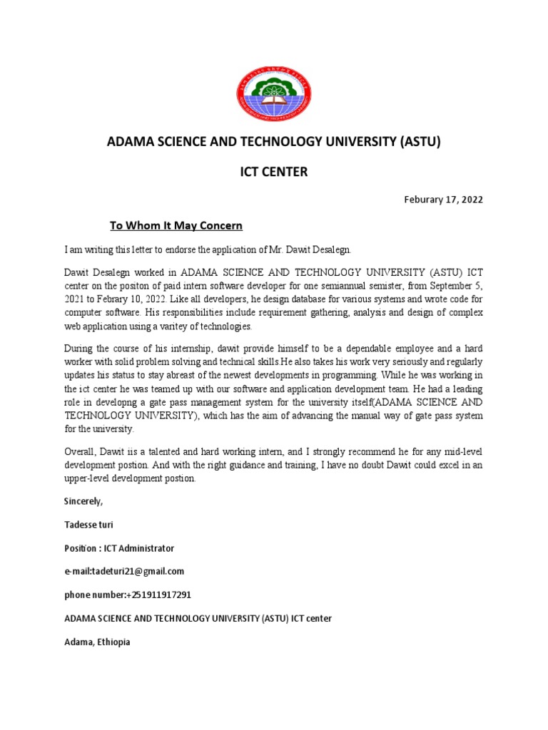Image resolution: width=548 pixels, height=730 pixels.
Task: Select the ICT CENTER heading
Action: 274,172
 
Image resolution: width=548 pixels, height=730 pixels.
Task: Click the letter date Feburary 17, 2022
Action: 443,200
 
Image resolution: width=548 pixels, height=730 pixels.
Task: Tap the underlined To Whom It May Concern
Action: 176,226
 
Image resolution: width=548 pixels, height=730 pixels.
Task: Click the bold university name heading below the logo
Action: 274,142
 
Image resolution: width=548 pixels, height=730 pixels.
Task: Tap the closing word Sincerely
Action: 83,502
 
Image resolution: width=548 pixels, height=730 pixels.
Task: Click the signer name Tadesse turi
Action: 88,525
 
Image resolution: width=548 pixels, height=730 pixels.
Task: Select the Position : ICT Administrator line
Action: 118,548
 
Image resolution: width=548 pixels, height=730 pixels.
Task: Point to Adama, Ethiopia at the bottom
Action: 97,642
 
